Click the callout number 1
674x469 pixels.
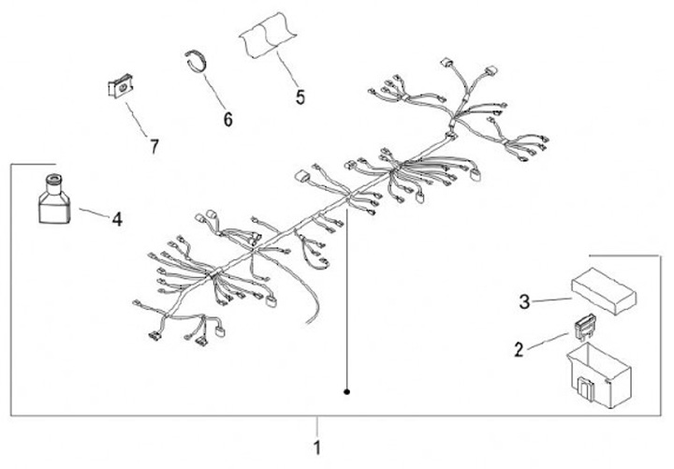point(316,447)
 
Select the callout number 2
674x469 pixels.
point(520,349)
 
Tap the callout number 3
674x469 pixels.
point(524,301)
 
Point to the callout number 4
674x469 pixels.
point(117,219)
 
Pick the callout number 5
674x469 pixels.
point(300,97)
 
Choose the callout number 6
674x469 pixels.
point(227,119)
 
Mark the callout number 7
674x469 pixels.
point(154,146)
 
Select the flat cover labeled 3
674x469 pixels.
point(604,291)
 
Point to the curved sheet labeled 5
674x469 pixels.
point(269,35)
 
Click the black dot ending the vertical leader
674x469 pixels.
point(347,391)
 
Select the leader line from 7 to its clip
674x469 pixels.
point(137,119)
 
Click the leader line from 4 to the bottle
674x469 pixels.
point(95,213)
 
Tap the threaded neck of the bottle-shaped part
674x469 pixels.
point(53,181)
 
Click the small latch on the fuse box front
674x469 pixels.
point(584,387)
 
